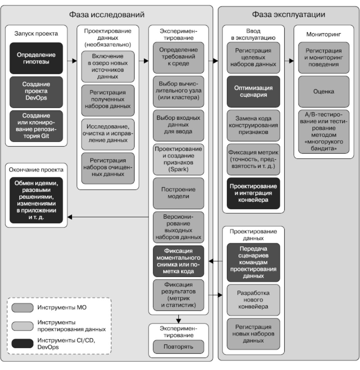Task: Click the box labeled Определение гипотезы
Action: click(36, 58)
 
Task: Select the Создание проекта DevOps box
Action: click(36, 91)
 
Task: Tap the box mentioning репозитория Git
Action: click(36, 126)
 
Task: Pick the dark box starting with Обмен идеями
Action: click(36, 200)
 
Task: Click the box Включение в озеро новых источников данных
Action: click(108, 66)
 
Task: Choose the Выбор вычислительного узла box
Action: click(178, 91)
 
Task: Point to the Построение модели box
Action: click(178, 193)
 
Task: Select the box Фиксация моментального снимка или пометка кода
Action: click(178, 261)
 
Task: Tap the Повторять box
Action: click(178, 347)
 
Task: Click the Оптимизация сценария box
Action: click(253, 91)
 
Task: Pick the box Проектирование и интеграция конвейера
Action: click(253, 193)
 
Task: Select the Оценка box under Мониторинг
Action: click(324, 91)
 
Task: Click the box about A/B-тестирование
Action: click(324, 132)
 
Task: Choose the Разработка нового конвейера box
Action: click(253, 300)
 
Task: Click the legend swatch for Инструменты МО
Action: click(22, 308)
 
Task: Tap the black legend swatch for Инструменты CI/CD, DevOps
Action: click(22, 343)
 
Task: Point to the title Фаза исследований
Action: click(106, 14)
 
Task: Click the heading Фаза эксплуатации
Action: click(288, 14)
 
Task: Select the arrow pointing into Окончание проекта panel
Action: click(70, 217)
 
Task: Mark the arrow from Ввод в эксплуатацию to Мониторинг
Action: click(290, 61)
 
